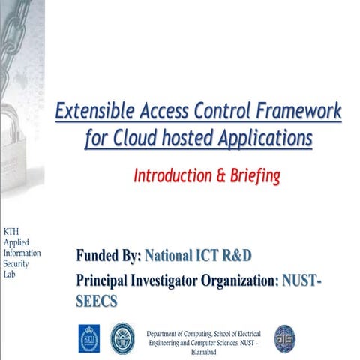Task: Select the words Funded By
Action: (109, 256)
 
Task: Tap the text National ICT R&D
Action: (198, 256)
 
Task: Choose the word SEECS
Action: (97, 299)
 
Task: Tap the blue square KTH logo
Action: (88, 337)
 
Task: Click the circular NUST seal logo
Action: (121, 337)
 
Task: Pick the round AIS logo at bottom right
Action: (284, 337)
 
